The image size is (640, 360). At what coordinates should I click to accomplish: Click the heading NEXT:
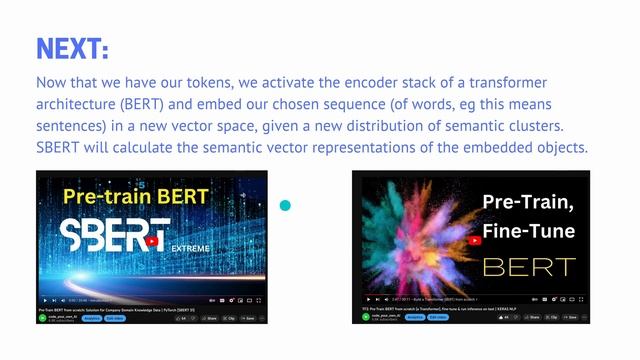(72, 47)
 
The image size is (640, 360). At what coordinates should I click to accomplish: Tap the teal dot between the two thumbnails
(285, 206)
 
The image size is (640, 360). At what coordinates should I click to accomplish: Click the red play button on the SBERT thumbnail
(152, 241)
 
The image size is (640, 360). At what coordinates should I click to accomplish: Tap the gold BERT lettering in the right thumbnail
(530, 267)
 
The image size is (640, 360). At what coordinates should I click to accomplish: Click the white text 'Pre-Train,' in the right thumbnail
(529, 203)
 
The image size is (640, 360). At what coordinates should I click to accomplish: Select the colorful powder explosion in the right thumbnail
(420, 235)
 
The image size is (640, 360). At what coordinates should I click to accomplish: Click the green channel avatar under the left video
(43, 318)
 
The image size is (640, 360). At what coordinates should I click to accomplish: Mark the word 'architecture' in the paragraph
(79, 104)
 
